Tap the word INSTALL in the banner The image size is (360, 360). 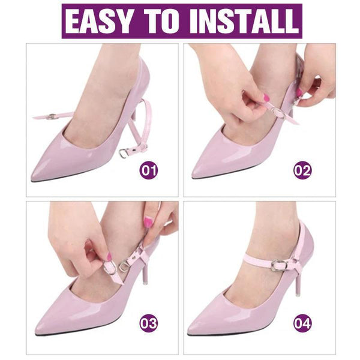tap(244, 21)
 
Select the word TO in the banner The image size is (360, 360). tap(161, 21)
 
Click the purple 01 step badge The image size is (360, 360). tap(149, 170)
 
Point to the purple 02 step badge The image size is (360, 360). tap(302, 170)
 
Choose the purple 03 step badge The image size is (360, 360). tap(149, 323)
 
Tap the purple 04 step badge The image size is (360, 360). tap(302, 323)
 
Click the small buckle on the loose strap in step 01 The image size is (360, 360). tap(52, 116)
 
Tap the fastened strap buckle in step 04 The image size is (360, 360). tap(279, 265)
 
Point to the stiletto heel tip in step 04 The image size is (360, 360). tap(298, 295)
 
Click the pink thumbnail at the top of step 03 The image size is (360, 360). tap(148, 222)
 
